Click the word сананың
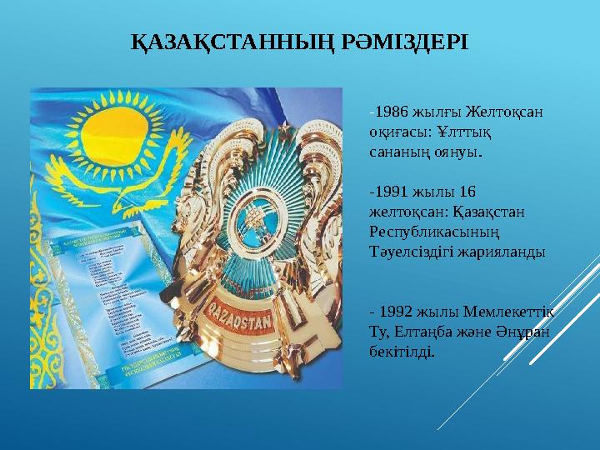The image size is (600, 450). [x=398, y=152]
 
